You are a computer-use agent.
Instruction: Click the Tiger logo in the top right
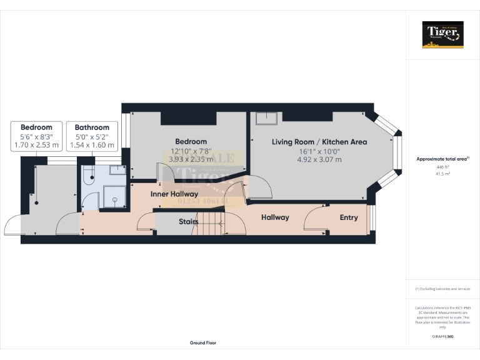[x=443, y=35]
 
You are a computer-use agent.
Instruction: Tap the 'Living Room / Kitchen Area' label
[x=319, y=142]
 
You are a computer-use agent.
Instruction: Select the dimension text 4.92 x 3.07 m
[x=319, y=159]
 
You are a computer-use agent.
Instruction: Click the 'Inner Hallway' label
[x=174, y=194]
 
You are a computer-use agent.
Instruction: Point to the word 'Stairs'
[x=188, y=221]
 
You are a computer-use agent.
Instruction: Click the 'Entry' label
[x=349, y=217]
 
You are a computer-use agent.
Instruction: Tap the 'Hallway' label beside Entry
[x=275, y=217]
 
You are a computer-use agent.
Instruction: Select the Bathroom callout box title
[x=92, y=127]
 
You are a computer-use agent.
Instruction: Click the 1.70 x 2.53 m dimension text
[x=36, y=145]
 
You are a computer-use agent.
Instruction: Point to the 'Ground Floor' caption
[x=203, y=343]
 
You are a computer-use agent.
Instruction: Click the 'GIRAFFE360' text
[x=442, y=337]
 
